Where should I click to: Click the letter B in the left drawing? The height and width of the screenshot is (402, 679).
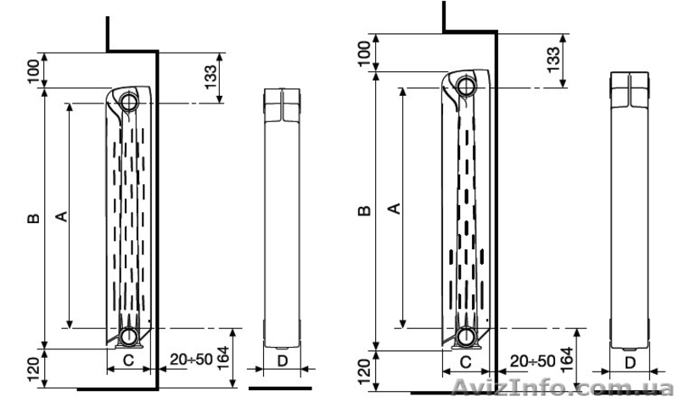(x=34, y=219)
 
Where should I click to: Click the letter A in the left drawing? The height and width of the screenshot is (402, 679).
(x=63, y=216)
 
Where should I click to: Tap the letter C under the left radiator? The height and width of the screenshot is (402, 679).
(x=129, y=360)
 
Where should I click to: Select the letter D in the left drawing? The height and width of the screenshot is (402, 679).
(x=283, y=360)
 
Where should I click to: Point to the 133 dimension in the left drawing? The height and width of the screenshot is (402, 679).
(x=210, y=77)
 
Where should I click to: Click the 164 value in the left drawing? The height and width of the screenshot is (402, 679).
(x=223, y=358)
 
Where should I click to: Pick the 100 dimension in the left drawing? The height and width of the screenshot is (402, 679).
(x=33, y=72)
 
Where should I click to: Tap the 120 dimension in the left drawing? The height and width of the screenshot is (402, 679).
(x=33, y=370)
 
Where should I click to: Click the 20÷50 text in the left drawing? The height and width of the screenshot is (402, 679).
(x=191, y=359)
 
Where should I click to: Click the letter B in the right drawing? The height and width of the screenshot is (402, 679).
(x=365, y=210)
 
